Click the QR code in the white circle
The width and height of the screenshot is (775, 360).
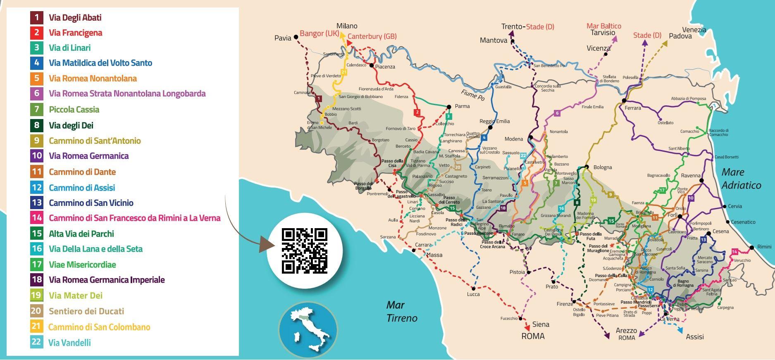pos(304,250)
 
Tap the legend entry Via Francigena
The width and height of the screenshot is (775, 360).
pos(75,33)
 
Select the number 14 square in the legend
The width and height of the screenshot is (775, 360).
pos(37,218)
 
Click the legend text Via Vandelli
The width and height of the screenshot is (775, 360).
pos(69,343)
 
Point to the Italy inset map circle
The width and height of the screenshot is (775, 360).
pos(308,329)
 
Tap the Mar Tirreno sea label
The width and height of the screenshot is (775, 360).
pos(402,312)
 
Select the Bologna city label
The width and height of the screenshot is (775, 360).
pos(602,167)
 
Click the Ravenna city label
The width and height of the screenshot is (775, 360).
pos(691,176)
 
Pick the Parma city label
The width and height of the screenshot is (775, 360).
pos(462,106)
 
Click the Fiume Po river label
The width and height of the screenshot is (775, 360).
pos(473,95)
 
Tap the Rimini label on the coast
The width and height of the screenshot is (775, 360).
pos(764,247)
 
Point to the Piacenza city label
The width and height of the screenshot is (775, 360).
pos(385,67)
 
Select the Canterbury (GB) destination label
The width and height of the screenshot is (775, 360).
pos(372,36)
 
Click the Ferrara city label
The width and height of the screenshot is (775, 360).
pos(633,108)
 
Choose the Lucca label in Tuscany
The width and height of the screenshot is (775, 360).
pos(473,294)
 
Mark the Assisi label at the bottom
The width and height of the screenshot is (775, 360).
pos(694,337)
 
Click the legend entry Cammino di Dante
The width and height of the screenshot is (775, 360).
pos(82,172)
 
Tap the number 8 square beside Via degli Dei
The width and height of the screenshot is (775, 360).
pos(37,125)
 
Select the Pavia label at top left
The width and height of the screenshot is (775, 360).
pos(283,38)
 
